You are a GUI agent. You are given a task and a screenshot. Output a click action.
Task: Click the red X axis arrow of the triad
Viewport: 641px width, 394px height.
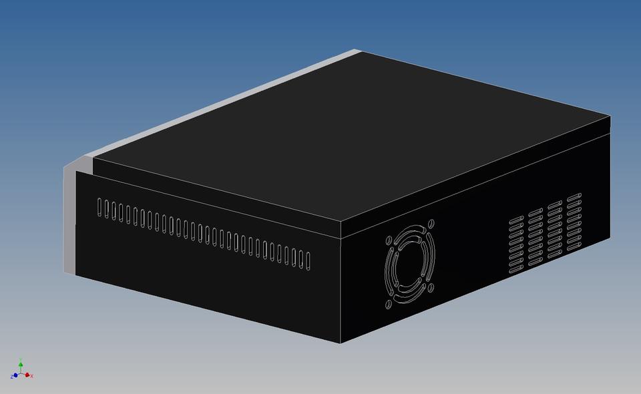click(28, 375)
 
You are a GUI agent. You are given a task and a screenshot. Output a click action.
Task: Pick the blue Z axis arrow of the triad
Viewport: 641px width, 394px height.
click(14, 377)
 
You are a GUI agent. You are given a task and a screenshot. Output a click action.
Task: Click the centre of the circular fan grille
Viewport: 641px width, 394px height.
click(409, 265)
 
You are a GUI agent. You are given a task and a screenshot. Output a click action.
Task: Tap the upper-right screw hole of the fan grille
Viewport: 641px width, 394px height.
click(431, 224)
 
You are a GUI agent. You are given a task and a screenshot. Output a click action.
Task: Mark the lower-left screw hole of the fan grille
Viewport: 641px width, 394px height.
click(388, 305)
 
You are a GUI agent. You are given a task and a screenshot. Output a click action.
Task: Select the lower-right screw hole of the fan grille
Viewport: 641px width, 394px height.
click(431, 288)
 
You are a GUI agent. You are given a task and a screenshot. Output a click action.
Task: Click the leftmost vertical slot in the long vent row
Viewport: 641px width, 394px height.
click(100, 207)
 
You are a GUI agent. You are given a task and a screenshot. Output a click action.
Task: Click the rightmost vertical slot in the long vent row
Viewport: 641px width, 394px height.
click(308, 261)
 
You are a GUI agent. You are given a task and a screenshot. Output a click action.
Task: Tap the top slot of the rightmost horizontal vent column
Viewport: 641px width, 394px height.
click(574, 196)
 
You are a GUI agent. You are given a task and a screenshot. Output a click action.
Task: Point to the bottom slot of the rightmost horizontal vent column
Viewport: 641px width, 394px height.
click(574, 250)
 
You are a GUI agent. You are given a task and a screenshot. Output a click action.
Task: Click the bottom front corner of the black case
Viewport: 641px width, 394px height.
click(341, 343)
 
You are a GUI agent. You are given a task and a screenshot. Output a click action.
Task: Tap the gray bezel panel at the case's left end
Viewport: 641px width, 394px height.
click(69, 220)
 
